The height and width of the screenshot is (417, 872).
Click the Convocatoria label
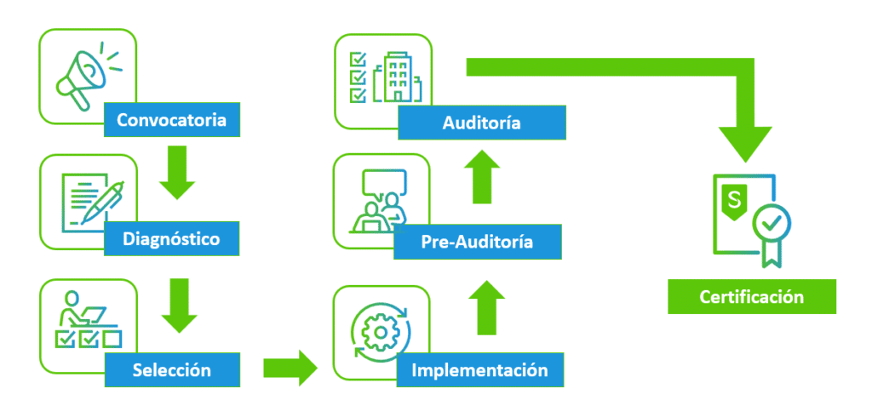click(x=171, y=120)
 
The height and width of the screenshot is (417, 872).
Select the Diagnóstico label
click(x=170, y=239)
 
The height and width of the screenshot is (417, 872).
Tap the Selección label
click(x=171, y=370)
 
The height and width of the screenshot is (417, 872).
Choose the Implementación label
click(x=479, y=370)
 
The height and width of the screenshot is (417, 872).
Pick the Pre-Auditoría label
click(x=477, y=243)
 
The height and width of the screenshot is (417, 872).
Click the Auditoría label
click(x=481, y=123)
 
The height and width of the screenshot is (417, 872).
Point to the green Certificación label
click(x=751, y=297)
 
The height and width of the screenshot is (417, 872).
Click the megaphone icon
click(x=81, y=77)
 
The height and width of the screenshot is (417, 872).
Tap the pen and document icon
click(x=92, y=200)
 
